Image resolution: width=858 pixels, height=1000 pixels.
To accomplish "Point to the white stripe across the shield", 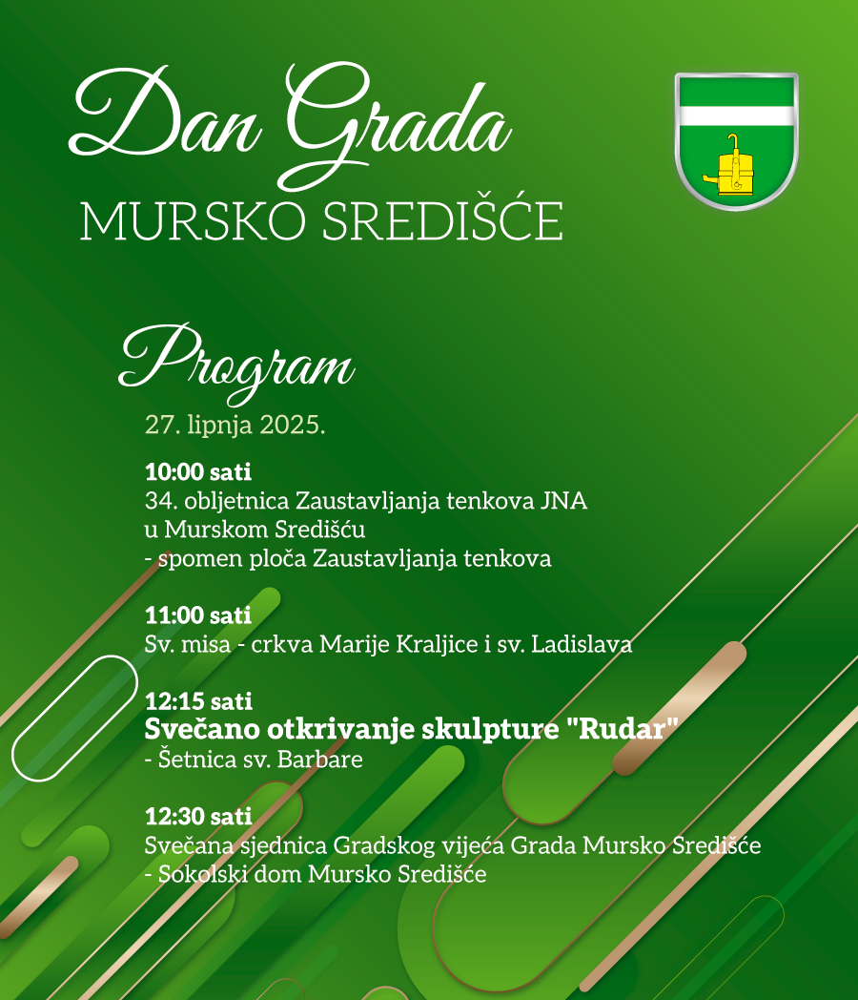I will (x=736, y=115).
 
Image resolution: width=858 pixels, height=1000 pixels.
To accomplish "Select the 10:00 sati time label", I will (x=198, y=471).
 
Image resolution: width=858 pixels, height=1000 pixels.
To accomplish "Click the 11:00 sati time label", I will (x=198, y=615).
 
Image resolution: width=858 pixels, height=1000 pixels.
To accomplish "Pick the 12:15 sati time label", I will (x=198, y=701).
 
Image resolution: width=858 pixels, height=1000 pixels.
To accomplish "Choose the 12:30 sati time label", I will (x=198, y=817).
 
